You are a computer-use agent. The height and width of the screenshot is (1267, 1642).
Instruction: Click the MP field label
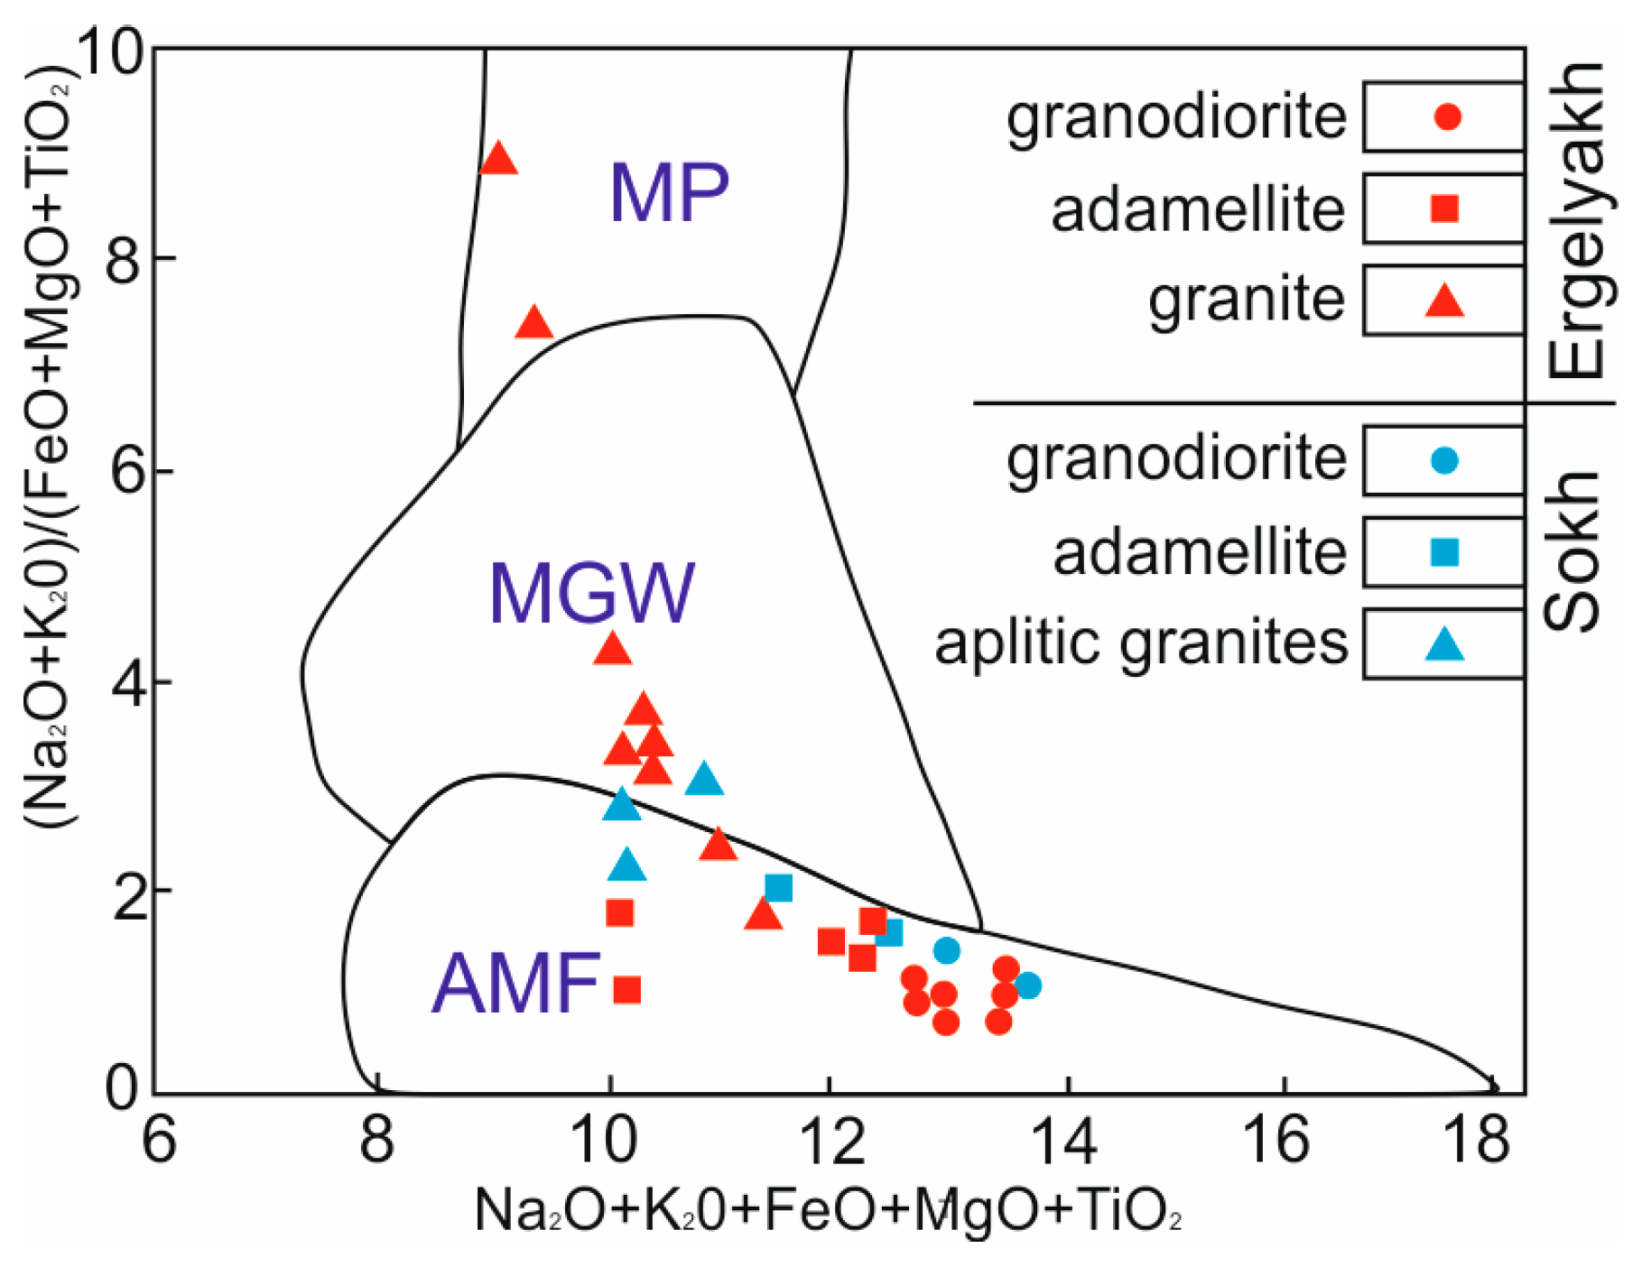[x=669, y=192]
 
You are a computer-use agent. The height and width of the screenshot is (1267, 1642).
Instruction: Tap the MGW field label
[x=591, y=593]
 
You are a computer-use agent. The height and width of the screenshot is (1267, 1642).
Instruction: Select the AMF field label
[x=516, y=983]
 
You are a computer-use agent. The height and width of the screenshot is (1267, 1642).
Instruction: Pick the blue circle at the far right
[x=1027, y=985]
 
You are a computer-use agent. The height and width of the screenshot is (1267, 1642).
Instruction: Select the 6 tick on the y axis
[x=126, y=472]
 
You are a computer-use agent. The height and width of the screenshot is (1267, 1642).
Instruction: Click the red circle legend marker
[x=1447, y=117]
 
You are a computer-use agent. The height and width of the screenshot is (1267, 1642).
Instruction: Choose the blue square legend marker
[x=1445, y=552]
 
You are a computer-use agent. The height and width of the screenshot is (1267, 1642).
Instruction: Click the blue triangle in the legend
[x=1444, y=644]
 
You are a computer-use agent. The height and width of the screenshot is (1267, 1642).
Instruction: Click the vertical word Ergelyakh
[x=1576, y=221]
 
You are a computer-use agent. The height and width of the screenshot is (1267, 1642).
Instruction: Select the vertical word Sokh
[x=1572, y=550]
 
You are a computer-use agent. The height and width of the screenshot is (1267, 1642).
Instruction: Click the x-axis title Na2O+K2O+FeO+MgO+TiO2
[x=827, y=1211]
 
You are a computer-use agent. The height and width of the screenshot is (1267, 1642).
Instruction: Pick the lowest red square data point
[x=626, y=990]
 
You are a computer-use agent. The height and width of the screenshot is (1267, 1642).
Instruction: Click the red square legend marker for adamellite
[x=1445, y=208]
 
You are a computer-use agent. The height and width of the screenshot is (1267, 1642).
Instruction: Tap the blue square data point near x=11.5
[x=778, y=888]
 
